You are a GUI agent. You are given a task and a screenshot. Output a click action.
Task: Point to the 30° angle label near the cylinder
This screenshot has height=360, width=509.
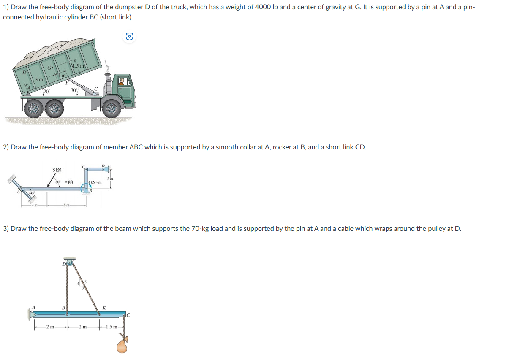[x=74, y=90]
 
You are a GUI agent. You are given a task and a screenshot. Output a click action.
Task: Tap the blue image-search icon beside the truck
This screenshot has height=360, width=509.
[x=129, y=37]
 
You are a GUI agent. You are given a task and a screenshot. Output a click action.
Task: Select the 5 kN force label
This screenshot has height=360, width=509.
[x=57, y=170]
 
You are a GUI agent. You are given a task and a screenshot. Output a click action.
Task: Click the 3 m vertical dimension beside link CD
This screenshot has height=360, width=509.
[x=110, y=179]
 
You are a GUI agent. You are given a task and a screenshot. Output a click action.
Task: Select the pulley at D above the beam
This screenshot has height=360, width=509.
[x=69, y=264]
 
